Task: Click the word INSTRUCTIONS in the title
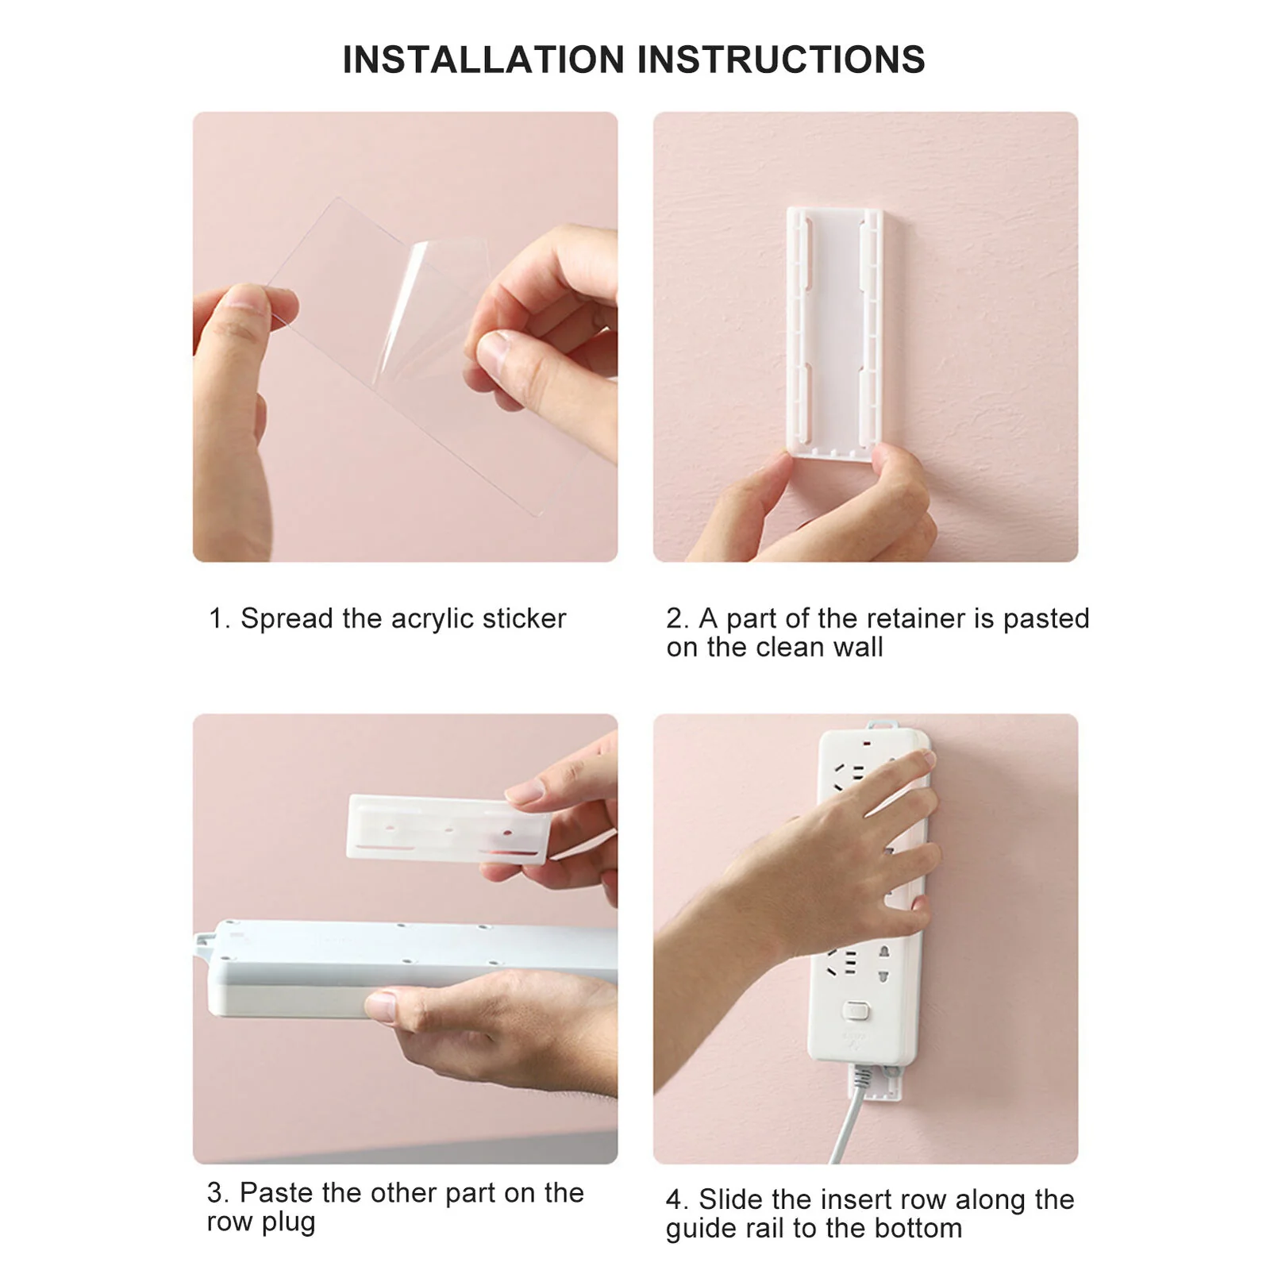click(x=781, y=60)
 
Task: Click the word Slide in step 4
click(x=730, y=1199)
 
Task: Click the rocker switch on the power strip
click(x=856, y=1011)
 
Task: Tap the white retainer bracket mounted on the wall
click(x=835, y=333)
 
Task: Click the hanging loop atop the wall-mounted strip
click(x=883, y=725)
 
